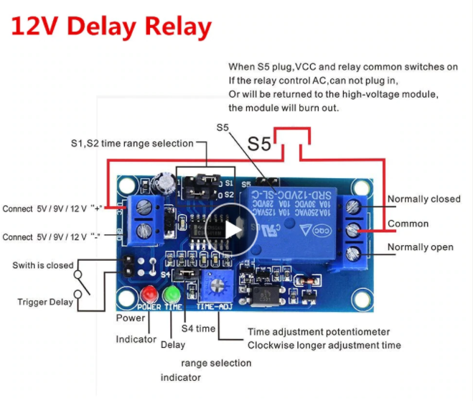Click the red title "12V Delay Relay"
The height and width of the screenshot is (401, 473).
tap(111, 27)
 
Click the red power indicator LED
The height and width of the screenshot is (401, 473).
tap(150, 295)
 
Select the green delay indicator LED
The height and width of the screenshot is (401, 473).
tap(172, 295)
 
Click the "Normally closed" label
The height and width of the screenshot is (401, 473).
tap(423, 199)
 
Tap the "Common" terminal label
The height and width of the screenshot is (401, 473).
tap(408, 223)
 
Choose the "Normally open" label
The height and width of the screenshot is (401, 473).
tap(420, 247)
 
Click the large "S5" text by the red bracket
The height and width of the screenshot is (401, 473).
tap(260, 144)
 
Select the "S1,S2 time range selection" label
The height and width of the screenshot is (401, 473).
tap(132, 143)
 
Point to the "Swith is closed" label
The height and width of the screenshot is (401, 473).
tap(43, 265)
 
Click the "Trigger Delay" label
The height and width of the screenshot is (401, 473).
tap(45, 302)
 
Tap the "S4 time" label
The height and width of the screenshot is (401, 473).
tap(198, 328)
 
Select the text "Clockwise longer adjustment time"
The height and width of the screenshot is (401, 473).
tap(324, 346)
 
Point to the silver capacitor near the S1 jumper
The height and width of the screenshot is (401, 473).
tap(168, 181)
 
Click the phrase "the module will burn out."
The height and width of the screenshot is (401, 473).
tap(283, 108)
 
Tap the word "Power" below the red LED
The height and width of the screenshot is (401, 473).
tap(130, 317)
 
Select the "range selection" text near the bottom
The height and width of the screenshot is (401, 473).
tap(216, 363)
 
